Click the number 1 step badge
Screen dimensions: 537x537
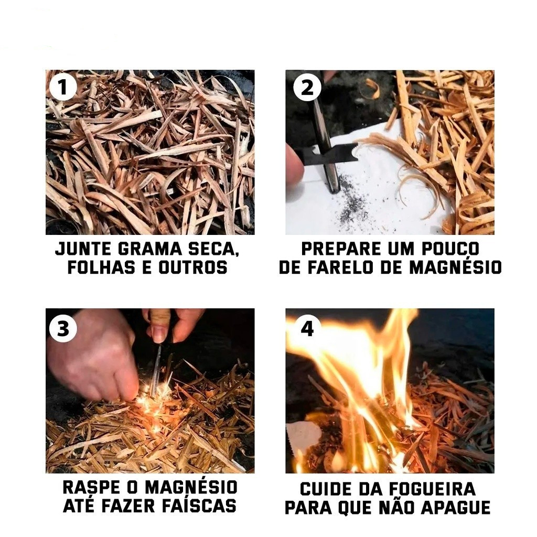[63, 87]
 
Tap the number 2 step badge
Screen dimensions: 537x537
[307, 87]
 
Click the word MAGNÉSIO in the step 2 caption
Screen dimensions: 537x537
[455, 267]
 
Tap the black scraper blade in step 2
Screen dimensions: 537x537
[329, 155]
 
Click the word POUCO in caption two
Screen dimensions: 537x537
[450, 249]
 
